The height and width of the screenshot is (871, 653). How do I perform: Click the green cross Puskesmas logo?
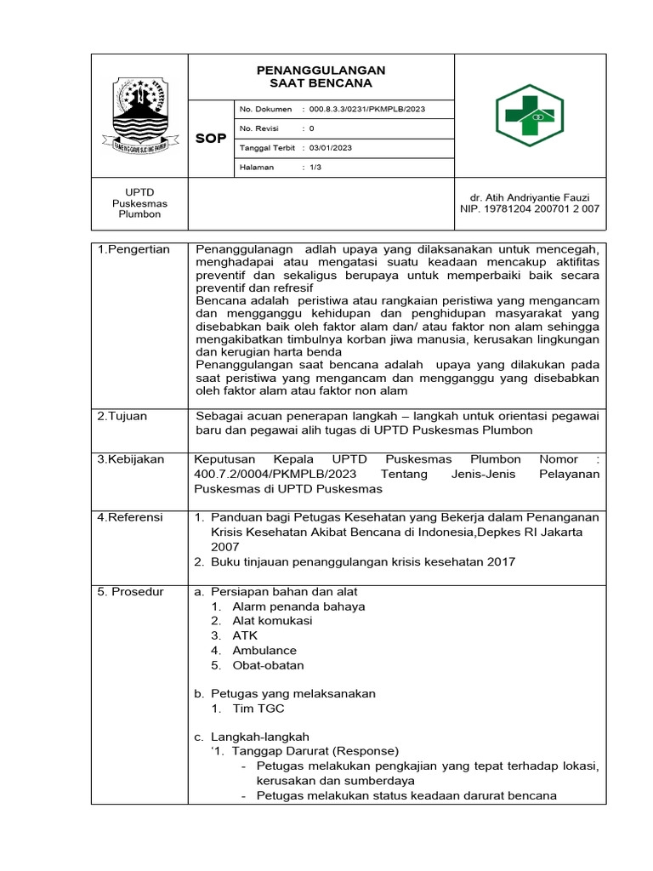coord(530,116)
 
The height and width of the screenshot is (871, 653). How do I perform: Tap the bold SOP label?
coord(211,139)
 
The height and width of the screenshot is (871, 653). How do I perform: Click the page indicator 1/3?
coord(315,167)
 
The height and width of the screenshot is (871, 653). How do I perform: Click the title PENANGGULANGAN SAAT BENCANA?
coord(321,77)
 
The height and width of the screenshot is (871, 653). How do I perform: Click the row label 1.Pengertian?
coord(133,249)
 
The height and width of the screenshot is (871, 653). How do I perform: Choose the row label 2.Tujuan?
coord(122,416)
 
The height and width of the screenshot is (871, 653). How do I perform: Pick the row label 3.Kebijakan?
coord(131,459)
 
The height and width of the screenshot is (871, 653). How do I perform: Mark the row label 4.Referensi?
coord(130,517)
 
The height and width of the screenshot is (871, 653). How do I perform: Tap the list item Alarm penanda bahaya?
coord(298,606)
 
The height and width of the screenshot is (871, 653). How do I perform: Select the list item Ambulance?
coord(264,651)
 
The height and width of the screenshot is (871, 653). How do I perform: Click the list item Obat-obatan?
coord(268,665)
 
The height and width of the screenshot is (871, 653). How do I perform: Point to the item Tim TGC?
coord(258,709)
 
